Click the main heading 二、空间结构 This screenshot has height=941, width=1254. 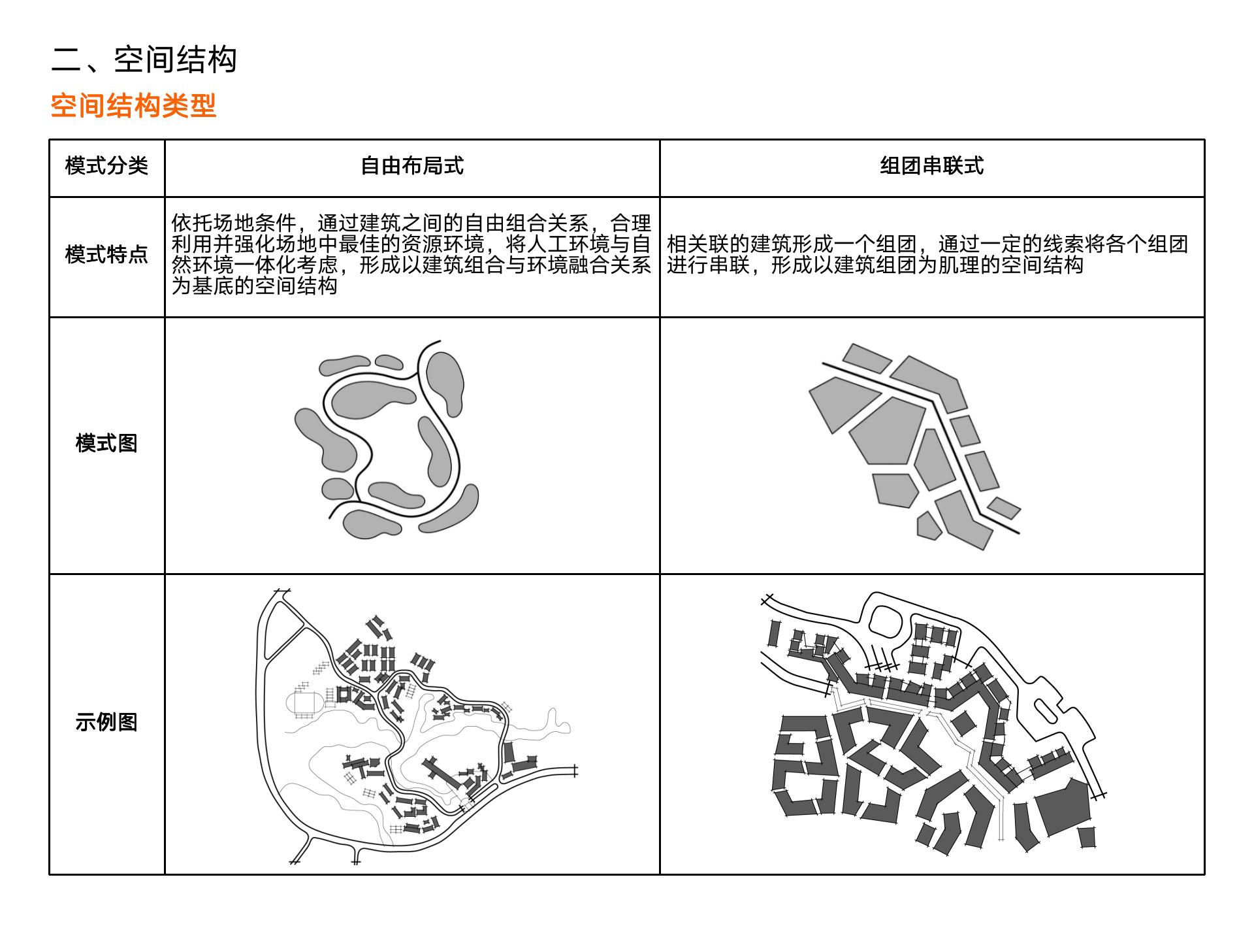tap(144, 59)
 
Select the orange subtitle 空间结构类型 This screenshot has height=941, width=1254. tap(133, 106)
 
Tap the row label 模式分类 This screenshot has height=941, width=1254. tap(106, 166)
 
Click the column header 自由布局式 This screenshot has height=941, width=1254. tap(412, 166)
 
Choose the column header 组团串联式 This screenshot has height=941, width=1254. tap(931, 166)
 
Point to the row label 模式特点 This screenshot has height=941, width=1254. tap(106, 254)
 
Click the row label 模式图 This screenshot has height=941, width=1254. tap(106, 443)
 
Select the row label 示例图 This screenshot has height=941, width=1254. tap(106, 722)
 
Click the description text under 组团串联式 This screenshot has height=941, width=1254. tap(927, 254)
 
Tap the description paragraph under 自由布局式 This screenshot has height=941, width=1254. tap(411, 254)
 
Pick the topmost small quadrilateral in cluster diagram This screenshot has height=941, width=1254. tap(866, 357)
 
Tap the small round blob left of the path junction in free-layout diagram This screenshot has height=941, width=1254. tap(338, 488)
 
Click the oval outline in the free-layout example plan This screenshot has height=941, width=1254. tap(304, 704)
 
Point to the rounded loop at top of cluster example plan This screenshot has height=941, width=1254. tap(886, 621)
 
